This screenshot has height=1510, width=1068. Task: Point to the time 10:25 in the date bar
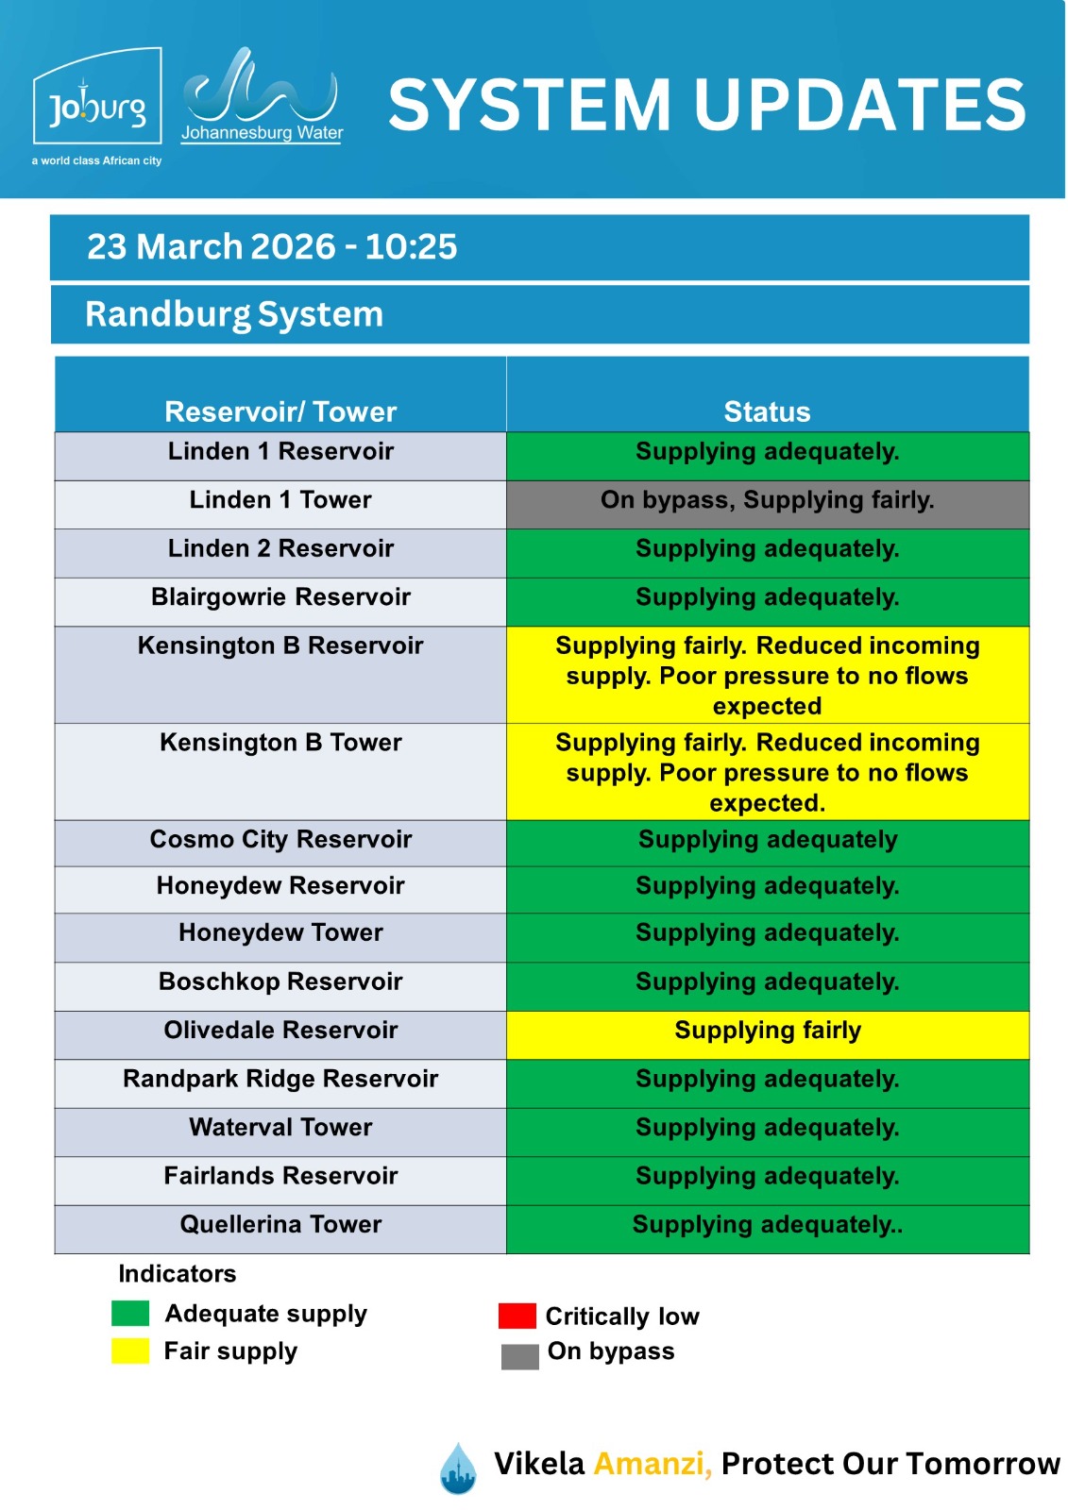pos(411,247)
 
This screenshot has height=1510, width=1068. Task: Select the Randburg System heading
pos(234,314)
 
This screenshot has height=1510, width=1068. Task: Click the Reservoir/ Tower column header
pos(280,411)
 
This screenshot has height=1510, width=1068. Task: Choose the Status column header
pos(767,411)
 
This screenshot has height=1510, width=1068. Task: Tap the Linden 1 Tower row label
pos(280,500)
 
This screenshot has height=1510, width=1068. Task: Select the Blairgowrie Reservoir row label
pos(280,597)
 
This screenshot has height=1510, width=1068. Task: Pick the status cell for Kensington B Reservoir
pos(767,676)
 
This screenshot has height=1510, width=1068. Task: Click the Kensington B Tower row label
pos(280,743)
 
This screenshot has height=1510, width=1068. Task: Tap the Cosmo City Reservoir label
pos(280,840)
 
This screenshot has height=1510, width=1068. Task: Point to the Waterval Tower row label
pos(280,1128)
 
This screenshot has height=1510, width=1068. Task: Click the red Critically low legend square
pos(517,1316)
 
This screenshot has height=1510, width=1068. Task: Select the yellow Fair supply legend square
pos(130,1351)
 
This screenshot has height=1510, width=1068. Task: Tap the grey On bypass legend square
pos(519,1356)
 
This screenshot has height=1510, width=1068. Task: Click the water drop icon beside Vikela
pos(458,1468)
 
